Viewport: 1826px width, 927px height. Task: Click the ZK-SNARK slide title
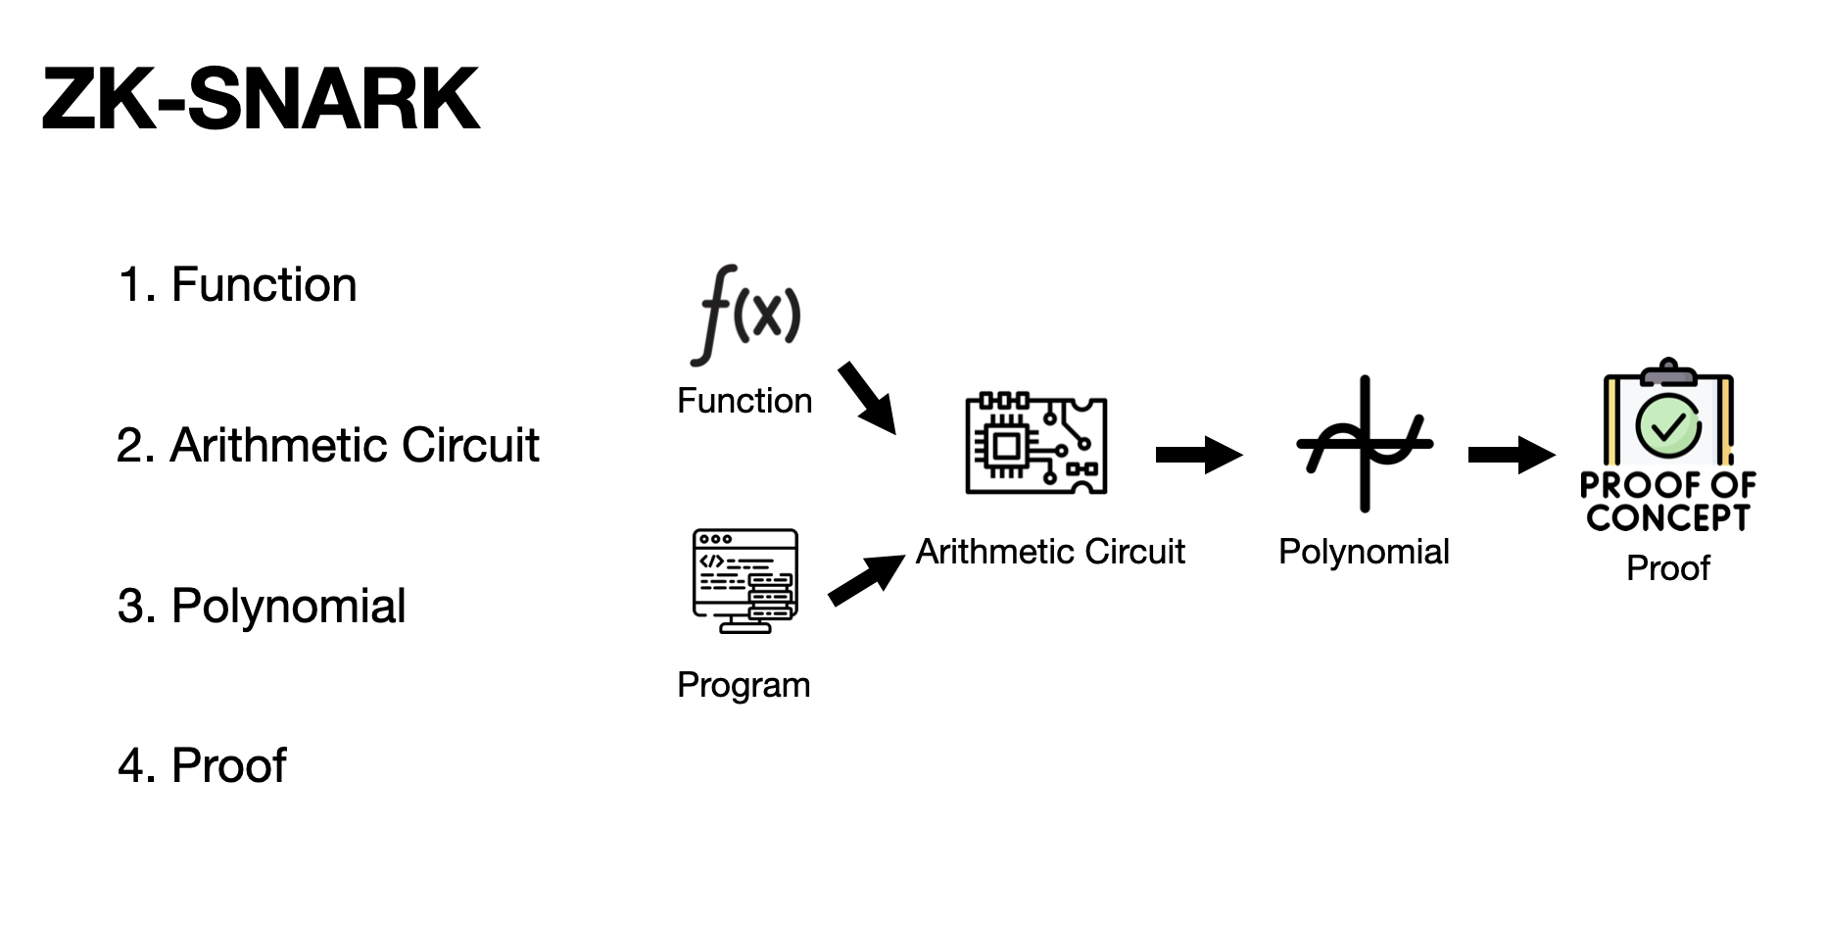[x=261, y=99]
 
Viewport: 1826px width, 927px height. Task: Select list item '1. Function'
[x=237, y=285]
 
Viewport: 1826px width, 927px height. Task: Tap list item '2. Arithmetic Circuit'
[x=327, y=446]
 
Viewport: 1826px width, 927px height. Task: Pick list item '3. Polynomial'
[x=261, y=607]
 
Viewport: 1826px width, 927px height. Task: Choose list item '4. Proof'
[x=202, y=766]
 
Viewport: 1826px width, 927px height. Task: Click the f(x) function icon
[x=745, y=314]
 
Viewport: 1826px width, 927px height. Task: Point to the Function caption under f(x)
[x=745, y=401]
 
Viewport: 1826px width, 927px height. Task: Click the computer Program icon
[x=745, y=581]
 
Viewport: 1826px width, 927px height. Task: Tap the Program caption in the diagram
[x=744, y=685]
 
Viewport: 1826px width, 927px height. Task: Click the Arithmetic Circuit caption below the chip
[x=1050, y=552]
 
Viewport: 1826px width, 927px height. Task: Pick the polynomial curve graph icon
[x=1364, y=444]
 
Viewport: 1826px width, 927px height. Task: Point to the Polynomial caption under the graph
[x=1364, y=552]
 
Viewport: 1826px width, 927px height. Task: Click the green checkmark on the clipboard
[x=1668, y=425]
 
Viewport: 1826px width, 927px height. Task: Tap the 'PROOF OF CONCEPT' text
[x=1667, y=501]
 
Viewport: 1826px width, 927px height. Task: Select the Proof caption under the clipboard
[x=1667, y=568]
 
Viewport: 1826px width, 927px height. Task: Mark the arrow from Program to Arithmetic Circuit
[x=867, y=579]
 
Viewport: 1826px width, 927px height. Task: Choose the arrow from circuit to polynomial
[x=1199, y=455]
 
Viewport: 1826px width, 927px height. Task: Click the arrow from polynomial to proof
[x=1512, y=455]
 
